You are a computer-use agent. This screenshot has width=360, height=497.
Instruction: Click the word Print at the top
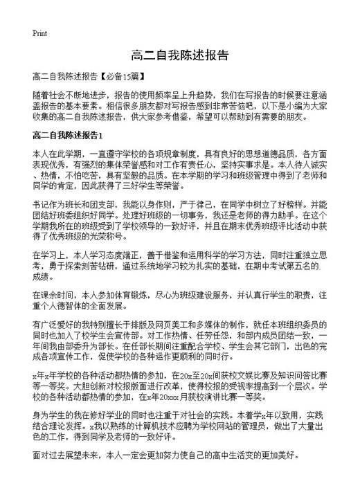40,33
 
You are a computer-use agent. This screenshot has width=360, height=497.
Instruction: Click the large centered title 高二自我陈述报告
179,55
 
